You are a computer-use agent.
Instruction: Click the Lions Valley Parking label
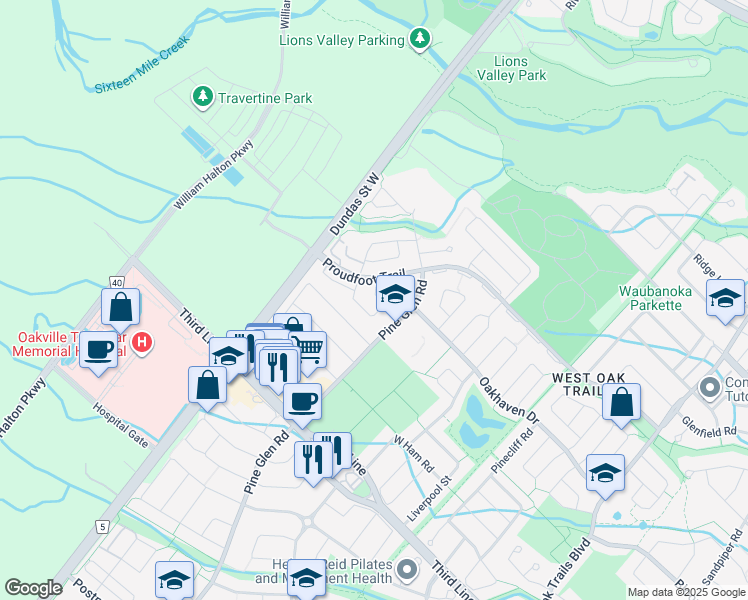[342, 39]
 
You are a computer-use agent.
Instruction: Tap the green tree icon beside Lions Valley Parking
[421, 39]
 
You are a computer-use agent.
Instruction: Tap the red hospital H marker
[142, 342]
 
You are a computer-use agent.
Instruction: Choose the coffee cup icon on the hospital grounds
[99, 349]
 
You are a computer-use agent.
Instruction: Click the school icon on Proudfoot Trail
[395, 294]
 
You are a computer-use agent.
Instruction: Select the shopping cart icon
[309, 348]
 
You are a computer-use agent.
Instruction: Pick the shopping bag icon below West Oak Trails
[621, 402]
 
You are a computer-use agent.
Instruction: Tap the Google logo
[33, 588]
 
